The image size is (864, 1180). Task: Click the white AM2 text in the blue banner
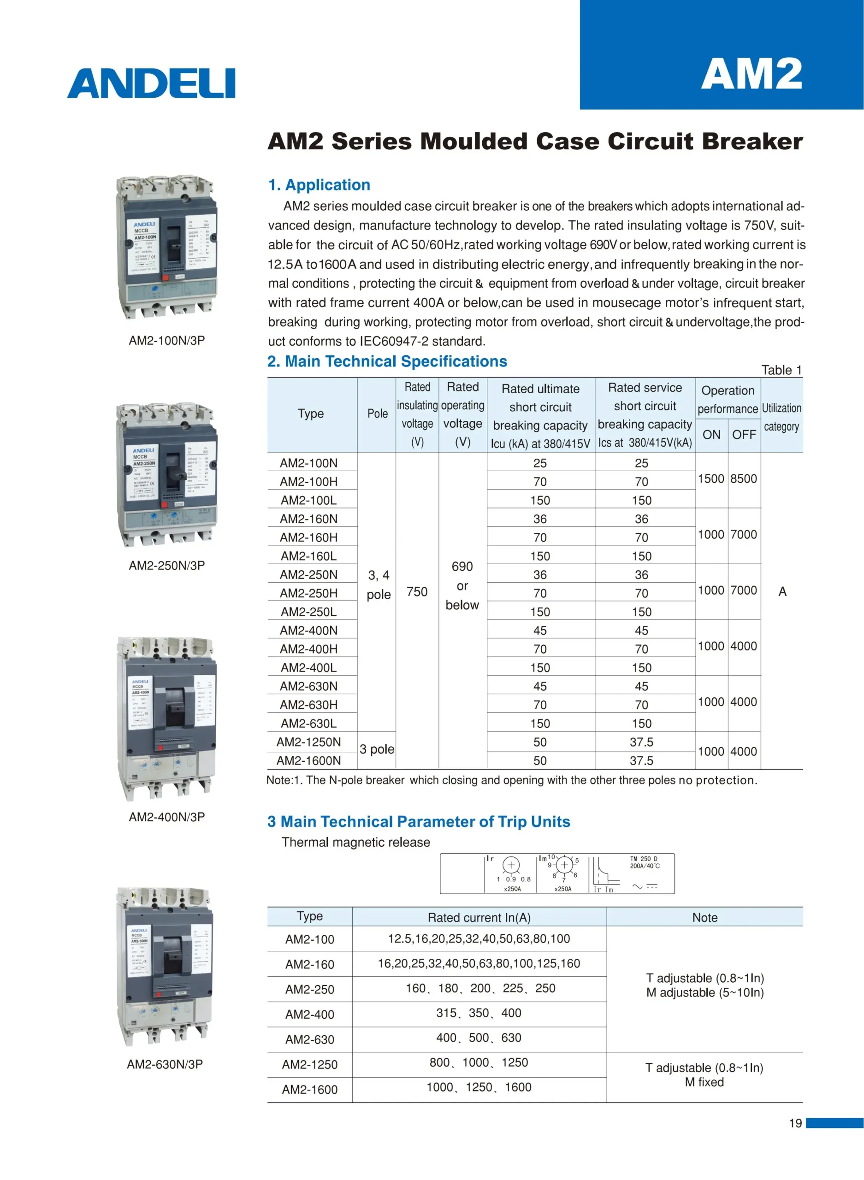pyautogui.click(x=751, y=74)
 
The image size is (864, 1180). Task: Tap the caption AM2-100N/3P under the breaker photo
pyautogui.click(x=167, y=340)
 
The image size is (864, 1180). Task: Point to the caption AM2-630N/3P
pyautogui.click(x=165, y=1064)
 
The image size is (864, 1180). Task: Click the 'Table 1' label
pyautogui.click(x=781, y=370)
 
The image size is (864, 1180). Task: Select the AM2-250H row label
pyautogui.click(x=308, y=593)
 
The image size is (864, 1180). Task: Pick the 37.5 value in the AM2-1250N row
pyautogui.click(x=641, y=742)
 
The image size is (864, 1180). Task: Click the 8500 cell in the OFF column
pyautogui.click(x=743, y=478)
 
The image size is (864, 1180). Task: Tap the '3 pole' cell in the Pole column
pyautogui.click(x=377, y=749)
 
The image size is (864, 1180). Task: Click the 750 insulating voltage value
pyautogui.click(x=417, y=591)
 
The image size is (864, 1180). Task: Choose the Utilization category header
pyautogui.click(x=781, y=417)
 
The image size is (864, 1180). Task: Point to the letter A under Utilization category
pyautogui.click(x=782, y=591)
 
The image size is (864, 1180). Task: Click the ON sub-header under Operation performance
pyautogui.click(x=711, y=435)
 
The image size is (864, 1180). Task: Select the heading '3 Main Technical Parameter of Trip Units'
pyautogui.click(x=419, y=821)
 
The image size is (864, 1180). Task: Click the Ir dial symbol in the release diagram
pyautogui.click(x=511, y=865)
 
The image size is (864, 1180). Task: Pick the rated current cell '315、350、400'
pyautogui.click(x=479, y=1013)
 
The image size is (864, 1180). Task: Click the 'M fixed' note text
pyautogui.click(x=704, y=1082)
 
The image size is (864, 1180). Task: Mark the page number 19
pyautogui.click(x=795, y=1123)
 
